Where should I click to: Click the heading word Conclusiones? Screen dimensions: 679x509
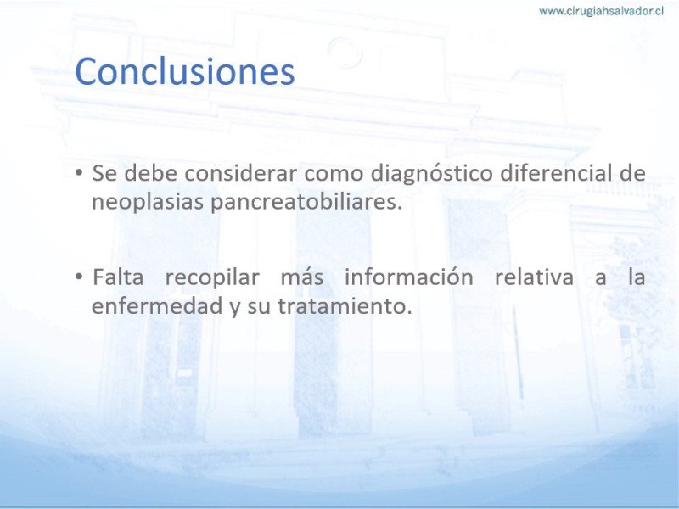185,71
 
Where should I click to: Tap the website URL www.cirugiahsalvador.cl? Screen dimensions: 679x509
601,11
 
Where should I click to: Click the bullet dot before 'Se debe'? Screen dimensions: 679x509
78,173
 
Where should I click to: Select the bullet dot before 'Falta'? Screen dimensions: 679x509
78,277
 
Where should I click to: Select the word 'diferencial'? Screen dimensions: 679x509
558,173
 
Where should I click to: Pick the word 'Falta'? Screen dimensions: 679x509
118,277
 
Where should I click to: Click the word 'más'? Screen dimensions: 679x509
302,277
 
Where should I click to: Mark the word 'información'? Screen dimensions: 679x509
409,277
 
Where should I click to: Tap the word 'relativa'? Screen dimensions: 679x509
534,277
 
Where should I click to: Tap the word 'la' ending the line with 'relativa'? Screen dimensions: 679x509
637,277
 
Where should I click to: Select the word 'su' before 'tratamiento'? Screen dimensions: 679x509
259,308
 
